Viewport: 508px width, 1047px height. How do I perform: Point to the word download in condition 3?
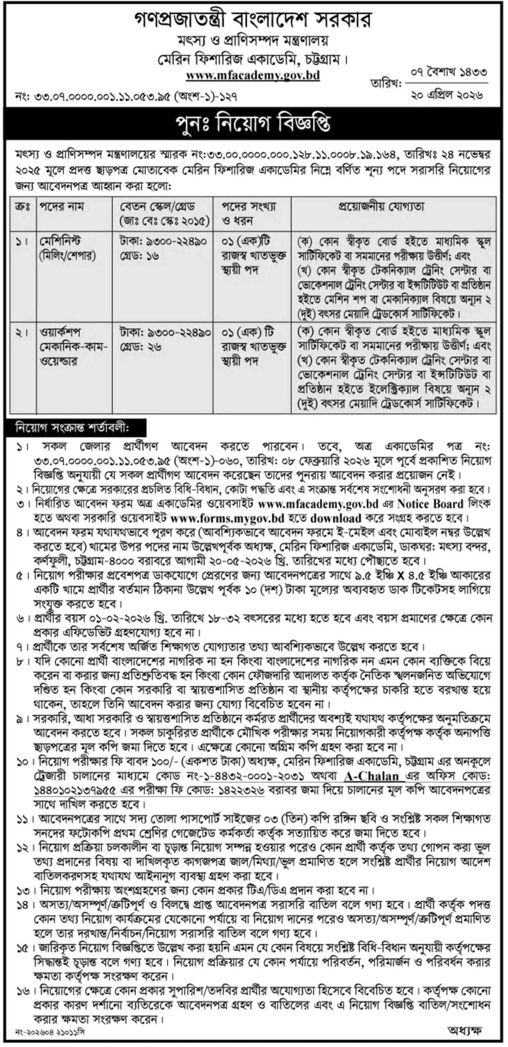point(336,518)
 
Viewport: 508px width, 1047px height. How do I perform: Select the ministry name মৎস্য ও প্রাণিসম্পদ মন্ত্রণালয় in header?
point(254,42)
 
